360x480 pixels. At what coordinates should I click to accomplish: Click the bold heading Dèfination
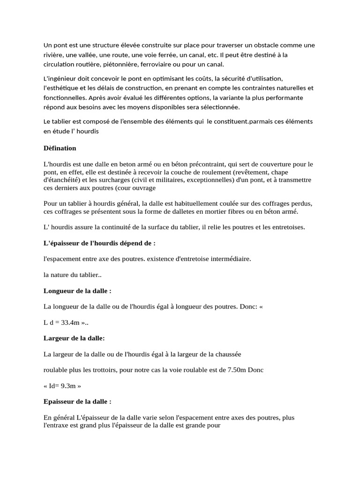pos(60,148)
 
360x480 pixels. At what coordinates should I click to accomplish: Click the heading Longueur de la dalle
pos(77,291)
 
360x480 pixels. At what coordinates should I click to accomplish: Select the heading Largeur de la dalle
pos(74,338)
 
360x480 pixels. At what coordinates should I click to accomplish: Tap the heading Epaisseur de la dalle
pos(77,402)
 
